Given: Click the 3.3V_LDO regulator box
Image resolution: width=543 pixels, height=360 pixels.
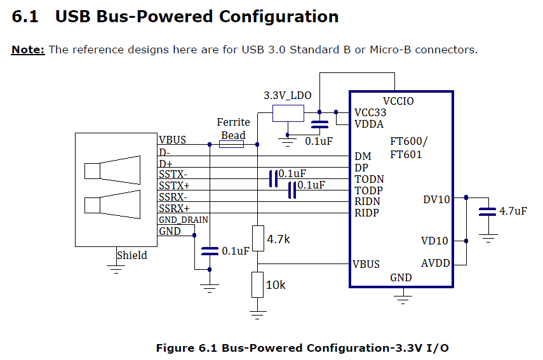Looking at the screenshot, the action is (288, 113).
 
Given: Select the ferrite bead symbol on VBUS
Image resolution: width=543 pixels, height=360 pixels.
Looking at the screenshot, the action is (231, 144).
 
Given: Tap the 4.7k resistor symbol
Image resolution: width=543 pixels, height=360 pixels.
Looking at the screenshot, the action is (258, 239).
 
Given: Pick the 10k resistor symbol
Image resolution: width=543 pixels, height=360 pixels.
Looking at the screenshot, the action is (258, 284).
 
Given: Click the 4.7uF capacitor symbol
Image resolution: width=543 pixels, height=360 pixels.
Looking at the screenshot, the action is (487, 211).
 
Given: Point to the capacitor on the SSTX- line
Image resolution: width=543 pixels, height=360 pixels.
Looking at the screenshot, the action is (274, 178).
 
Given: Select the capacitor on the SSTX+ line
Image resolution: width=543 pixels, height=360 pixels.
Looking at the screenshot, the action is (292, 190).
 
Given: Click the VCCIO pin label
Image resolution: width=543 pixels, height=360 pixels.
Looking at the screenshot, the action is (398, 101).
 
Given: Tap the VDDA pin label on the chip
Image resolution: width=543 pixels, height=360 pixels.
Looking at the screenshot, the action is (369, 124).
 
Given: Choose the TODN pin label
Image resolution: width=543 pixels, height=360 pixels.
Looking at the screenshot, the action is (369, 179).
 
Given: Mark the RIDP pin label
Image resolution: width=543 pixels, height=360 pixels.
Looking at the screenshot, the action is (366, 213).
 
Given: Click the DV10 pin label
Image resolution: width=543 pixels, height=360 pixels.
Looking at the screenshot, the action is (436, 200).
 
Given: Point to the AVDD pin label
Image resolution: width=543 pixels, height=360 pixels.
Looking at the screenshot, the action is (435, 263).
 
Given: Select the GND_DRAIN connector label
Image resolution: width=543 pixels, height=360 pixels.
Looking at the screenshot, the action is (184, 220).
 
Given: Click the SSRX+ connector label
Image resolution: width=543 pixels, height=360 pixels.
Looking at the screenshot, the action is (174, 208).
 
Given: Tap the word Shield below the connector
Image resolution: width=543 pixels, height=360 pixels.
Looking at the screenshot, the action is (132, 255).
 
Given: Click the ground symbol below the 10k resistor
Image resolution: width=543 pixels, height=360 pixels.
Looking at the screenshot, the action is (258, 315).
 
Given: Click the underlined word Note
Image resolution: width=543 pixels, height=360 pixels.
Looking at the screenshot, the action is (28, 50).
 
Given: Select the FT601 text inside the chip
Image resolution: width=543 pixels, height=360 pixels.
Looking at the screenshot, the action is (406, 154).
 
